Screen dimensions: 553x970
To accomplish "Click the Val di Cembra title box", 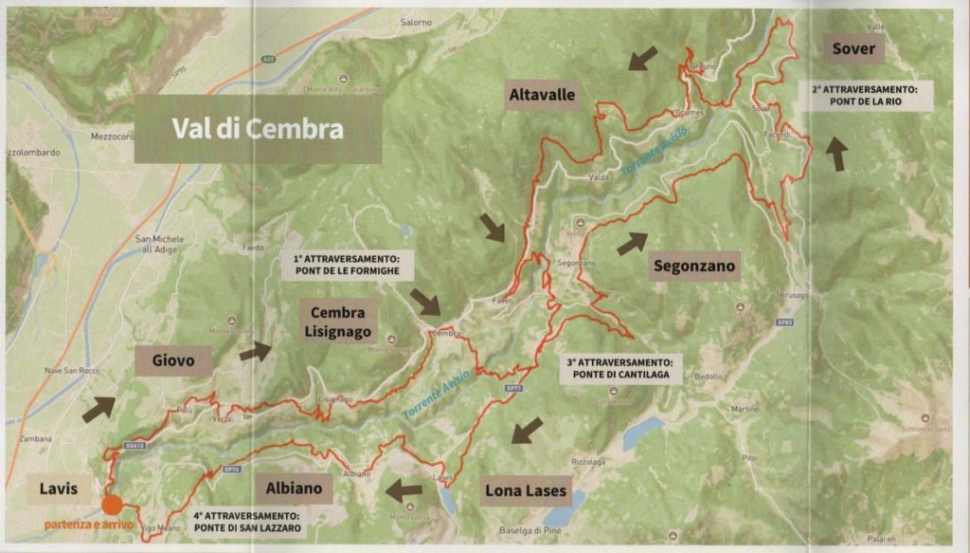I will tap(258, 129).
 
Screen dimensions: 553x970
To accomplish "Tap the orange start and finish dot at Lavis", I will tap(112, 503).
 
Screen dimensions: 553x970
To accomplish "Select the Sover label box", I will tap(853, 48).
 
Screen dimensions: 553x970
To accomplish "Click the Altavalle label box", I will tap(542, 95).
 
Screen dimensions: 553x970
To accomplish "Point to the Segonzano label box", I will tap(694, 267).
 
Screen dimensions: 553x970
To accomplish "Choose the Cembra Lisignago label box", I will tap(338, 323).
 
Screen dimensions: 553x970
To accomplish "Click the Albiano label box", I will tap(294, 489).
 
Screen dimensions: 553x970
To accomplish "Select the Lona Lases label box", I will tap(525, 490).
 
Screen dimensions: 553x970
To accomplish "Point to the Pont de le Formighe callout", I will tap(347, 264).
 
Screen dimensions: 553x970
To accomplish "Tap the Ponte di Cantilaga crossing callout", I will tap(620, 368).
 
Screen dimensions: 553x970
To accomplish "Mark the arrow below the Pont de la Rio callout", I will tap(836, 154).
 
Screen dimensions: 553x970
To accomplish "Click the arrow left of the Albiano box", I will tap(404, 490).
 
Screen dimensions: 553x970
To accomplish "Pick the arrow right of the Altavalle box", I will tap(642, 59).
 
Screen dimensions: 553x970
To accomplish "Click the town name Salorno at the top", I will tap(416, 21).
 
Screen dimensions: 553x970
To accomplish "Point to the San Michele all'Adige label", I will tap(157, 242).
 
